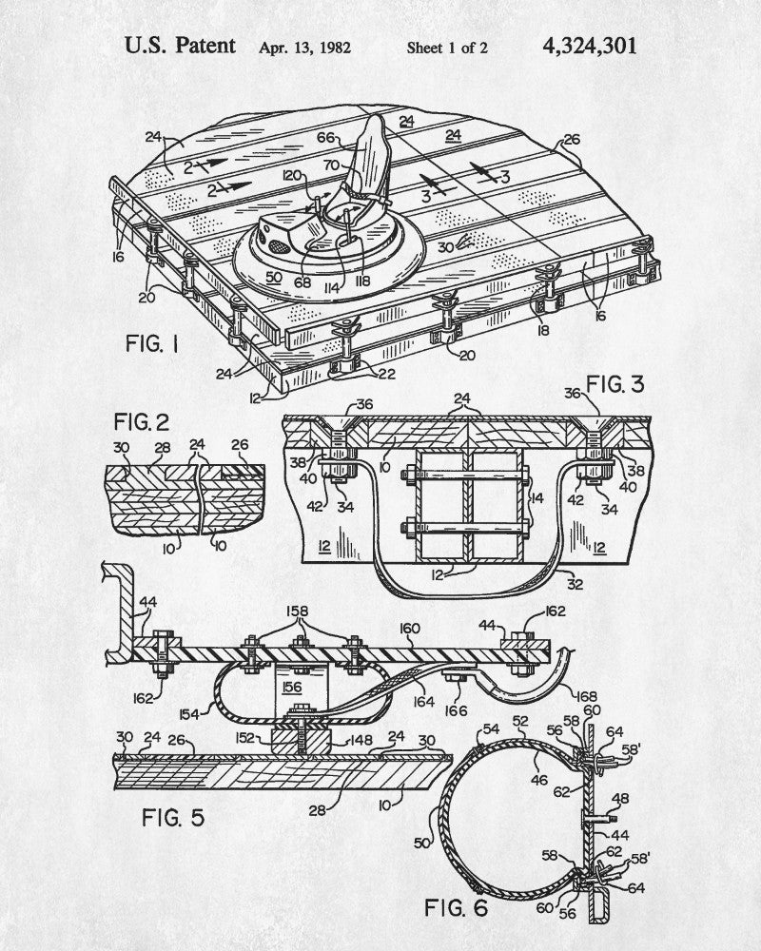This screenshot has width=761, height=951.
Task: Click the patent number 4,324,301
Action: tap(589, 47)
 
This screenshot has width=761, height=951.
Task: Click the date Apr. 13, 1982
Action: tap(304, 48)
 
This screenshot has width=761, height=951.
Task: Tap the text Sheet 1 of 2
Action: tap(447, 48)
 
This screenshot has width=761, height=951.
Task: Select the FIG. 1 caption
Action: tap(152, 344)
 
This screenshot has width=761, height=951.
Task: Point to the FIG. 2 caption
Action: tap(142, 421)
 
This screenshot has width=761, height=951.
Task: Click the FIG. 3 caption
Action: tap(615, 384)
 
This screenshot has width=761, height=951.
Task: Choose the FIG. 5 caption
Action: tap(173, 818)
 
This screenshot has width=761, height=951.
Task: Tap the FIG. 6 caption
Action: tap(456, 908)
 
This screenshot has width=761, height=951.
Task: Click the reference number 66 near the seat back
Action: tap(325, 138)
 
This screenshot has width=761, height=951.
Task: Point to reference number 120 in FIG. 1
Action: tap(292, 175)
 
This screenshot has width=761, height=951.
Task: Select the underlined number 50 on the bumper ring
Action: tap(274, 277)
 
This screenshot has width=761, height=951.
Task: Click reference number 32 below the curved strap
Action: tap(575, 584)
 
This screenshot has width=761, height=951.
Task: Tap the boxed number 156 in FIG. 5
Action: tap(292, 688)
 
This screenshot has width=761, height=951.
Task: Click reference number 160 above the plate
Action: tap(410, 629)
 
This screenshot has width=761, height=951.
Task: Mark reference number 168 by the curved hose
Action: tap(587, 697)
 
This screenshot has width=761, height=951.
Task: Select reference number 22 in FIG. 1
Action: tap(386, 374)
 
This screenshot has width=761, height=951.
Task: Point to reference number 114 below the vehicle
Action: tap(331, 289)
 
